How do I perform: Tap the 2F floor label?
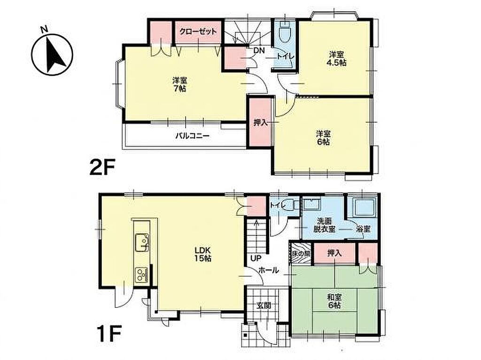102,167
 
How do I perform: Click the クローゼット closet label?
198,31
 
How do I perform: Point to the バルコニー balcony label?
192,136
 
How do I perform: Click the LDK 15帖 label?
202,254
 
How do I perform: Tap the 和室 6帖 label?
334,301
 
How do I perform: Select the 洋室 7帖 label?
179,85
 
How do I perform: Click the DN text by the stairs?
259,51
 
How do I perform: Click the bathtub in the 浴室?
364,208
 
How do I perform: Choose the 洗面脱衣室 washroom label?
324,225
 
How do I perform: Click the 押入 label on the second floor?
260,123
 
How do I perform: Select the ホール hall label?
269,270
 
